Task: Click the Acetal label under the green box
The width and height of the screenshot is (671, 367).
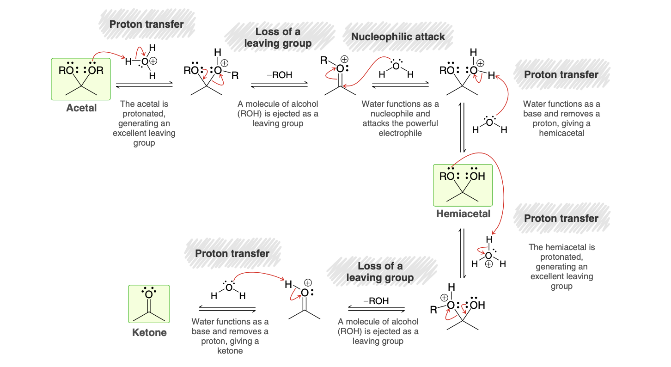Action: point(81,108)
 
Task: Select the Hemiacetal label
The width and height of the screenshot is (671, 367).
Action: point(463,214)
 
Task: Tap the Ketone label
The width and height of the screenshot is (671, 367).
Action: point(149,332)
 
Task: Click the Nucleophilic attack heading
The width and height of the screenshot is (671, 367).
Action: point(398,37)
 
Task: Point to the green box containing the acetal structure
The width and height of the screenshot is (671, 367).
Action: point(81,79)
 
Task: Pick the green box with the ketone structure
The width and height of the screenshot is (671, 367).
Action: point(149,304)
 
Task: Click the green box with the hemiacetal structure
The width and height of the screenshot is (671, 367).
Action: point(463,185)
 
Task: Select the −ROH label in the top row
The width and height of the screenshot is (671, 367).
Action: point(279,75)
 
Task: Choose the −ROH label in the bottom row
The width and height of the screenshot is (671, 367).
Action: point(376,301)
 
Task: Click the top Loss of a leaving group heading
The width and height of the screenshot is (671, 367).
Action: point(278,37)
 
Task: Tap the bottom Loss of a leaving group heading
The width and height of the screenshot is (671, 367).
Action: point(380,272)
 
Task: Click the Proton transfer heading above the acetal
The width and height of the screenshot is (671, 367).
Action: point(146,24)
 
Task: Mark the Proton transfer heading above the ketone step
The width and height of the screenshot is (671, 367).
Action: point(232,253)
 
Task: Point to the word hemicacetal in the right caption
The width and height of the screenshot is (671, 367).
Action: point(561,133)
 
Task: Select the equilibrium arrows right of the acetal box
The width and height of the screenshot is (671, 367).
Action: point(144,85)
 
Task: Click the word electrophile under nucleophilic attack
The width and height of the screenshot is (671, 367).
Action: point(400,133)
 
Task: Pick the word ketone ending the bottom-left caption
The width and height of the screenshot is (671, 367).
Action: point(230,351)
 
